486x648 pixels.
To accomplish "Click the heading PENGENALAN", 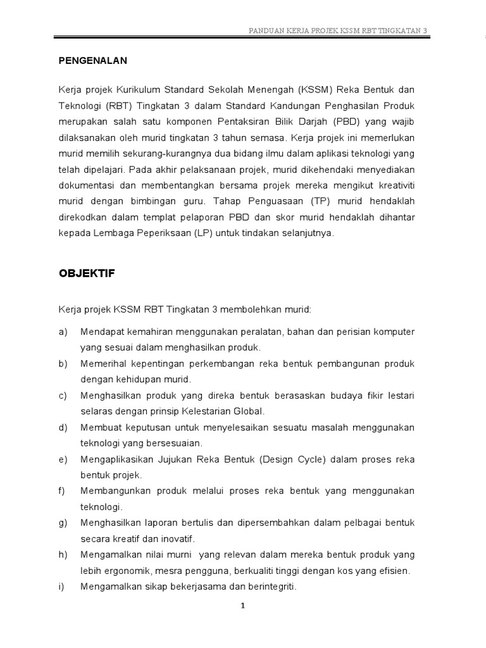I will tap(93, 61).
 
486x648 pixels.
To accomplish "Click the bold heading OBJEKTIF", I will tap(86, 273).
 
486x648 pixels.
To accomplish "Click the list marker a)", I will tap(63, 332).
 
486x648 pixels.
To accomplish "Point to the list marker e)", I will tap(63, 459).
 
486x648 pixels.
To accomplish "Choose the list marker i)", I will tap(62, 587).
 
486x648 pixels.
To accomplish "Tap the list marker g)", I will tap(63, 523).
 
